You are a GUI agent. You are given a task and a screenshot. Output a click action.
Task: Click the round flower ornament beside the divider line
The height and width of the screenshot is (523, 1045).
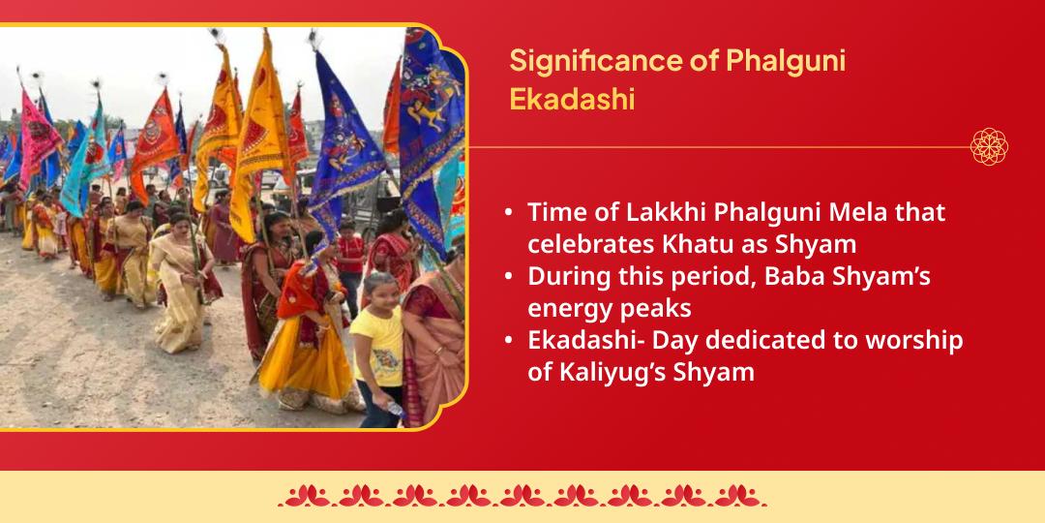(x=989, y=146)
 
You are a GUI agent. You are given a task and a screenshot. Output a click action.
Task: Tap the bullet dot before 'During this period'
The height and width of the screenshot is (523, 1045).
(x=509, y=277)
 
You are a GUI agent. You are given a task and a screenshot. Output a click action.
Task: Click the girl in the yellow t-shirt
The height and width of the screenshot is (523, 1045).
(x=377, y=339)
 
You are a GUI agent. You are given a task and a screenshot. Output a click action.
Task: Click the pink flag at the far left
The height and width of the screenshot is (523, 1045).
(x=39, y=136)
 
